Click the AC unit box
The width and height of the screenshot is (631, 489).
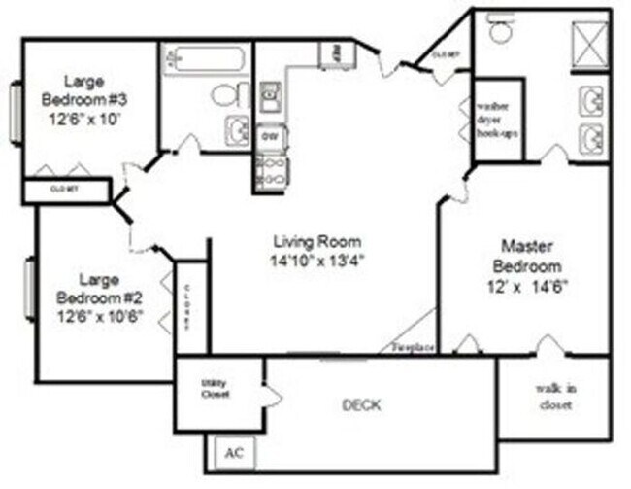point(234,453)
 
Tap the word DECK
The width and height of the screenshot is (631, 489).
point(361,404)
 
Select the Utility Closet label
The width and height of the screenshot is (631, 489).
point(215,388)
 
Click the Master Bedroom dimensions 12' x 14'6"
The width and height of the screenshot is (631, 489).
point(528,286)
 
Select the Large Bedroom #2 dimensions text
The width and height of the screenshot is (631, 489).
point(100,315)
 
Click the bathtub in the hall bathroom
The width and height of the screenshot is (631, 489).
point(206,59)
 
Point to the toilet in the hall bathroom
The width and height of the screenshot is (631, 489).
point(226,95)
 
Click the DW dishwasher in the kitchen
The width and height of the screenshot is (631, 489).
point(269,137)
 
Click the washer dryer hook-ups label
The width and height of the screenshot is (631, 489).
point(496,122)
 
